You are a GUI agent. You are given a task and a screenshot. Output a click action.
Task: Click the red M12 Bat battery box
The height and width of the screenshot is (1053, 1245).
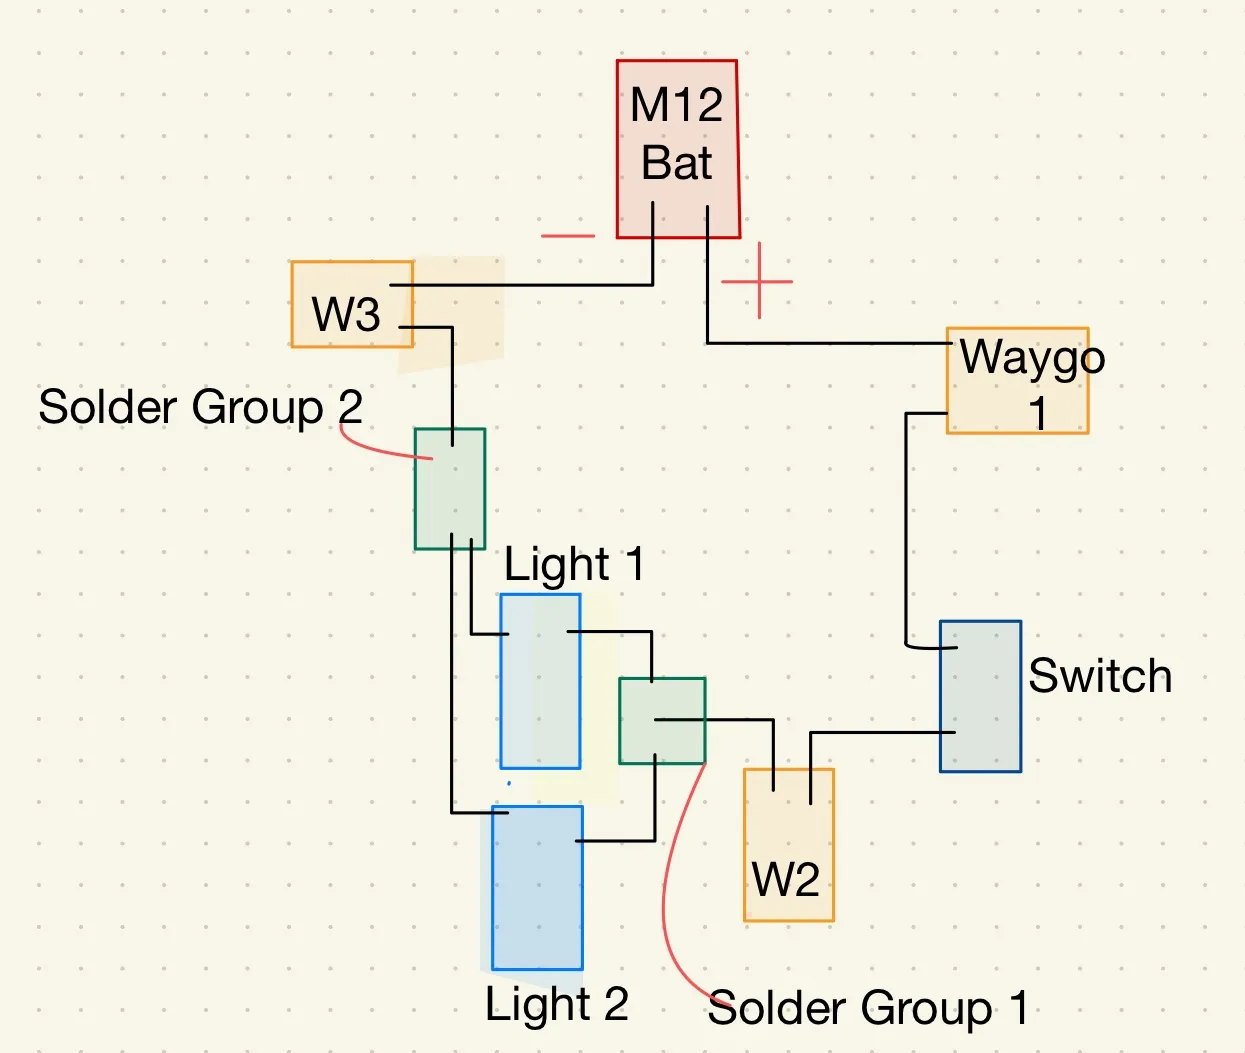[677, 148]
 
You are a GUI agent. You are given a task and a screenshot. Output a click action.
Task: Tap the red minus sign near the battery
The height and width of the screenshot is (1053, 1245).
[567, 236]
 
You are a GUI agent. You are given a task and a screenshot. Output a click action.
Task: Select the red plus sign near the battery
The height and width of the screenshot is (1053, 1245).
[758, 281]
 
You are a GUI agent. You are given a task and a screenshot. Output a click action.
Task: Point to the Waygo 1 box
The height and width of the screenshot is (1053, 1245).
[1017, 381]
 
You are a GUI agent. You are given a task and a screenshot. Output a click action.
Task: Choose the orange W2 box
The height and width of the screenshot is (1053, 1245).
[788, 845]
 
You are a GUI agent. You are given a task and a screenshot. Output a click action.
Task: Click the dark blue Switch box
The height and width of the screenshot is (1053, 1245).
[980, 696]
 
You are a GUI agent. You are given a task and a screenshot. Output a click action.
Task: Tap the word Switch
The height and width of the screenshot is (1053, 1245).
[1100, 676]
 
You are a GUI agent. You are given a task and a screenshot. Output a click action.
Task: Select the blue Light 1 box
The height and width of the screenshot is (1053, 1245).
[540, 682]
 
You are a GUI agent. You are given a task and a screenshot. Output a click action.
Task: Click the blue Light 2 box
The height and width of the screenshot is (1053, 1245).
[537, 888]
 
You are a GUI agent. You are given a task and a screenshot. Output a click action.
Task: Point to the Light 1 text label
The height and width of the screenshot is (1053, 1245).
[574, 565]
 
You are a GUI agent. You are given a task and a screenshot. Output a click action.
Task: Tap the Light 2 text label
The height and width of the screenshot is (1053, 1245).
[556, 1004]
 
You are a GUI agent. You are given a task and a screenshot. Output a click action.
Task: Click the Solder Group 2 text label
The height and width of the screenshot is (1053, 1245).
[200, 407]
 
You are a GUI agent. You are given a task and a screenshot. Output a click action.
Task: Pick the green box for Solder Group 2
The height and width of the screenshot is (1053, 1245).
[450, 489]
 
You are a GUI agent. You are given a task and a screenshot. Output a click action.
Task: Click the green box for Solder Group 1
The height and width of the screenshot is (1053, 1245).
[662, 721]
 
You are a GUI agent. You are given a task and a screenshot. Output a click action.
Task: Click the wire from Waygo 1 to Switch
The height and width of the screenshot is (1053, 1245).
[906, 530]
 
